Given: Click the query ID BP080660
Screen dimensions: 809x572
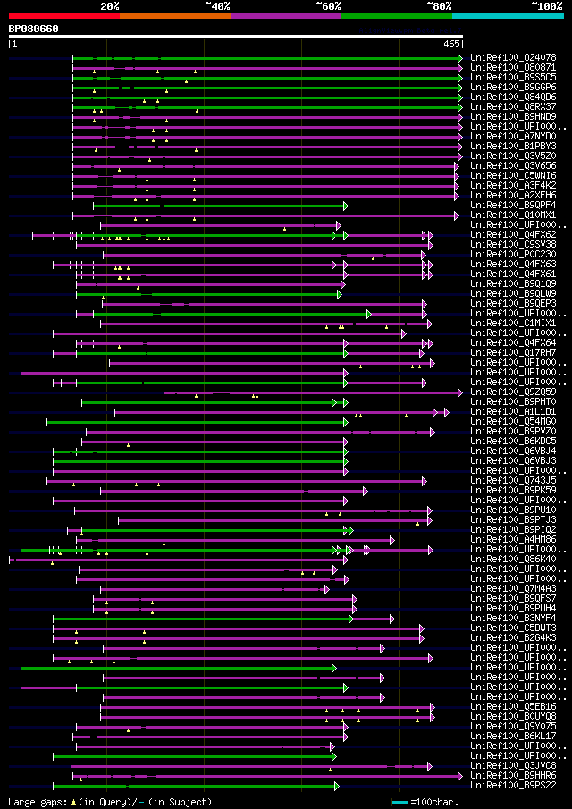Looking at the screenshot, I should pyautogui.click(x=34, y=29).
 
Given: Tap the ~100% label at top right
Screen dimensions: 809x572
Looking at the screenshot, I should pyautogui.click(x=546, y=5).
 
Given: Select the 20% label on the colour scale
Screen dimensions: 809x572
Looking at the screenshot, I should pyautogui.click(x=110, y=5).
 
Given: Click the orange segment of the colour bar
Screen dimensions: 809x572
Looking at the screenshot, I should pyautogui.click(x=174, y=15).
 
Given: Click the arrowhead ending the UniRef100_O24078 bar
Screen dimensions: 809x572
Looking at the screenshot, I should pyautogui.click(x=460, y=58).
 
